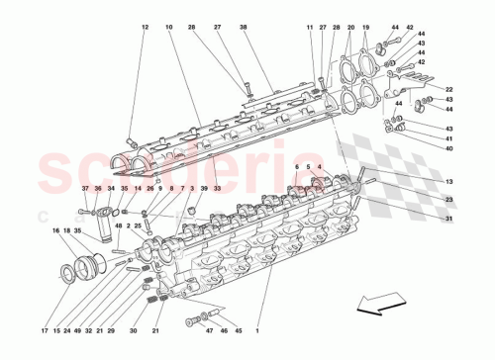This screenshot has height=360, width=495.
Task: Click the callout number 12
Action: (144, 27)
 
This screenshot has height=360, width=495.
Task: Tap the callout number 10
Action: (169, 27)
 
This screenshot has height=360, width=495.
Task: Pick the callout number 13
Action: (448, 182)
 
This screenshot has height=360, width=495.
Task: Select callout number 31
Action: (448, 218)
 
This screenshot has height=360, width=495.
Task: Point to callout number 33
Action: (216, 189)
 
